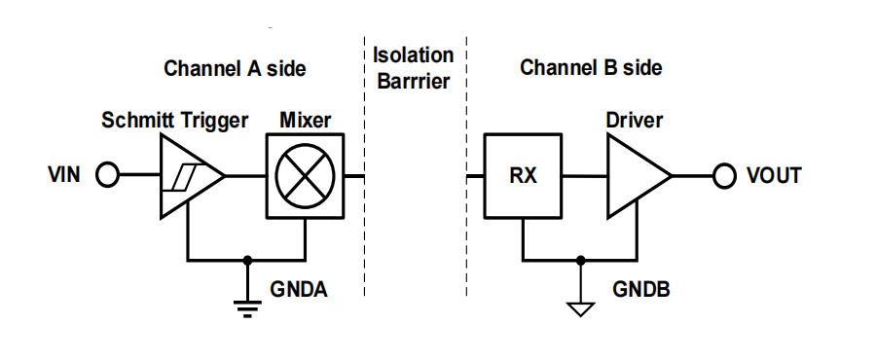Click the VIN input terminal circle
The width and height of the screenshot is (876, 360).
[x=107, y=175]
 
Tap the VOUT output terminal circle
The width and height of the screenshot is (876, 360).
[x=724, y=176]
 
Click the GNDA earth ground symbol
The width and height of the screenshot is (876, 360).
[x=247, y=308]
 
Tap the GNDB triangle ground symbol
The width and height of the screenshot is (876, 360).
[x=580, y=309]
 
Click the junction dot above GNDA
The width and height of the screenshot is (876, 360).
[x=247, y=260]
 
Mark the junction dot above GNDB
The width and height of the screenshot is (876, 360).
[x=580, y=260]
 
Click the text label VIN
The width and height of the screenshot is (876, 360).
[x=64, y=175]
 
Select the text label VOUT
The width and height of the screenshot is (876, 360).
[x=774, y=176]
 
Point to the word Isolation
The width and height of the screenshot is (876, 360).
[x=413, y=55]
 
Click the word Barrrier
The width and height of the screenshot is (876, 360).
[x=414, y=82]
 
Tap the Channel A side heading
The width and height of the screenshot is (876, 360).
[x=235, y=69]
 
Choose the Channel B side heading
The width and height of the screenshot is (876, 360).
[x=591, y=68]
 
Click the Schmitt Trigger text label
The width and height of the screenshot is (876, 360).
[x=174, y=121]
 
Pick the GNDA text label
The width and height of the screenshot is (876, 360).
[x=299, y=290]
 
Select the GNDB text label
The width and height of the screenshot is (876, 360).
[x=641, y=290]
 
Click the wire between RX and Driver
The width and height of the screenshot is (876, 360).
[x=585, y=176]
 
